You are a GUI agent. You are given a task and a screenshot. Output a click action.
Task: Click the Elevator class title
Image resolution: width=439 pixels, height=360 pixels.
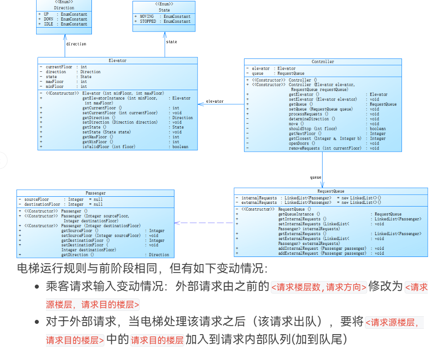point(117,61)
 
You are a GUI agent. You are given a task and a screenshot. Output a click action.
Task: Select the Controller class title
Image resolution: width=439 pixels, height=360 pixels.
point(323,62)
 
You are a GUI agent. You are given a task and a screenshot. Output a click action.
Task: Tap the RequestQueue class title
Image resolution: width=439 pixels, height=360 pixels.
point(331,191)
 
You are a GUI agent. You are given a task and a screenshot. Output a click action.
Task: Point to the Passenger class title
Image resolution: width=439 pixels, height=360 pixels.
point(95,193)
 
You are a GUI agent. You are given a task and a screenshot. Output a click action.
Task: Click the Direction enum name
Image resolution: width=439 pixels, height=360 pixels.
point(64,8)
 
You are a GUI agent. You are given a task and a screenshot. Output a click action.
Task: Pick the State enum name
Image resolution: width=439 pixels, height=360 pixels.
point(164,10)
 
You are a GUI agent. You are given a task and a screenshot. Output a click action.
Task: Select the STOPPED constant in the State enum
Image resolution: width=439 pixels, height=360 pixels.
point(148,21)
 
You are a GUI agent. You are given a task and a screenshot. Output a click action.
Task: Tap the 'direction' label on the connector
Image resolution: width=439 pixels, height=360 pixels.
point(76,44)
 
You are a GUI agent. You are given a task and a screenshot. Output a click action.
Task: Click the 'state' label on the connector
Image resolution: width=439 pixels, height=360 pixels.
point(171,42)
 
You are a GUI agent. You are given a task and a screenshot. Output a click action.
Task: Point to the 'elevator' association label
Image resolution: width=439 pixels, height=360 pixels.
point(215,101)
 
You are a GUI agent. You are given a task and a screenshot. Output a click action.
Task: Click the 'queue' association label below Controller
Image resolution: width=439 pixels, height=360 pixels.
point(315,177)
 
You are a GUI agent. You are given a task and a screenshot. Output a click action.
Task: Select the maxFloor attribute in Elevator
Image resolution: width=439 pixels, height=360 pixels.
point(54,82)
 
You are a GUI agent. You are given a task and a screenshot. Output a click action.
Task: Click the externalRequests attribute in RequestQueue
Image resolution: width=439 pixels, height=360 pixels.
point(259,203)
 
